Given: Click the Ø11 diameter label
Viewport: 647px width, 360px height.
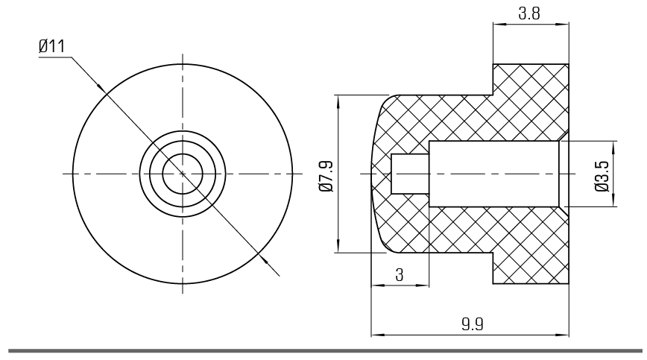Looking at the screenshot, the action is coord(51,46).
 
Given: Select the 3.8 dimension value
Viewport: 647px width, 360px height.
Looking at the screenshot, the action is coord(529,13).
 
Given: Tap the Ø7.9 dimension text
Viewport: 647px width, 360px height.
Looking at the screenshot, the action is coord(326,176).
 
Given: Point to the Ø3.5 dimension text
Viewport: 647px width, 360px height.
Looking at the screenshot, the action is coord(602,176).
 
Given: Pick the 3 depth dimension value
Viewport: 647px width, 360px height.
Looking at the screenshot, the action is coord(399,274).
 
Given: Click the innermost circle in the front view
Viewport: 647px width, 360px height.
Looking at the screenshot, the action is coord(183,174).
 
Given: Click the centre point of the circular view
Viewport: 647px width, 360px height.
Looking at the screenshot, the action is coord(183,174).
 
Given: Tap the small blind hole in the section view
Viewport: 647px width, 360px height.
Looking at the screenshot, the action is coord(410,174).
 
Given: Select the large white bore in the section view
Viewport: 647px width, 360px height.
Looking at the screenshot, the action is coord(494,174).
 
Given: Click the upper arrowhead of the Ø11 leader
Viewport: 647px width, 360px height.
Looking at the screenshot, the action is coord(101,88).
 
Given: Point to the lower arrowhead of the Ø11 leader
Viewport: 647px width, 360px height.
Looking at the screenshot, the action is coord(263,258).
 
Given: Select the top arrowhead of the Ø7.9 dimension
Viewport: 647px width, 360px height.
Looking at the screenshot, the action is coord(338,101).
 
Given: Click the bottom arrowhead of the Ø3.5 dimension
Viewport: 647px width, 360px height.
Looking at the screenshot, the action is coord(614,200).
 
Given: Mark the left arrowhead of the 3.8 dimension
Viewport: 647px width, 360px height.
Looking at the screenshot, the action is coord(499,25).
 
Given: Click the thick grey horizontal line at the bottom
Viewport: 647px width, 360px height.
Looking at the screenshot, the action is coord(325,351).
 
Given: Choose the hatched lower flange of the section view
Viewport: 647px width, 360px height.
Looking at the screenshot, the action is coord(531,268).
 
